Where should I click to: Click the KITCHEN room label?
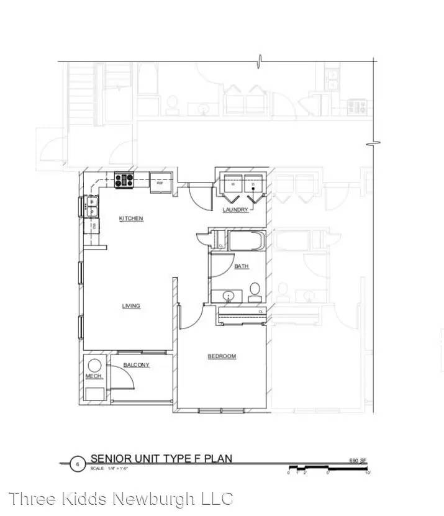(x=131, y=219)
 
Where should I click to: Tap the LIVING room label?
(x=131, y=306)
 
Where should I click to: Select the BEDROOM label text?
(x=222, y=356)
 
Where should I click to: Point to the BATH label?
(x=242, y=266)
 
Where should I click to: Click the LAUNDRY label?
(x=235, y=210)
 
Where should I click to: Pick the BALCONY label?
(x=136, y=365)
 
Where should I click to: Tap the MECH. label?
(x=93, y=376)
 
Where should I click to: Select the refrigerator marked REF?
(x=160, y=183)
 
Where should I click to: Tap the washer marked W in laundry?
(x=233, y=184)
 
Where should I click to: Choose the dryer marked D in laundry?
(x=253, y=184)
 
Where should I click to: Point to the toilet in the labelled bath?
(x=255, y=291)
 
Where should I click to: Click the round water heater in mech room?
(x=95, y=366)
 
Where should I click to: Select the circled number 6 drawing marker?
(x=78, y=464)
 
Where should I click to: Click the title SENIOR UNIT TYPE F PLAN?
(x=161, y=459)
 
